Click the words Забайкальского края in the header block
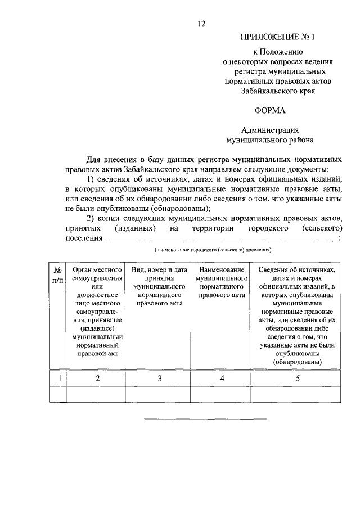point(278,89)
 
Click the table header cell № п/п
point(58,275)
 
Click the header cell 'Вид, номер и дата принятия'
point(159,287)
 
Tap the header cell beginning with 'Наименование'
point(222,283)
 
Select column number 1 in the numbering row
point(58,379)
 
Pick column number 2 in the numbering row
point(97,379)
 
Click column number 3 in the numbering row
point(159,379)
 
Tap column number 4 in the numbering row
point(222,379)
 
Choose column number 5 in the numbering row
point(298,379)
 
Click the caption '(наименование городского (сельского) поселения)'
point(213,249)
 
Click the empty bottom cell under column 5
point(298,395)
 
